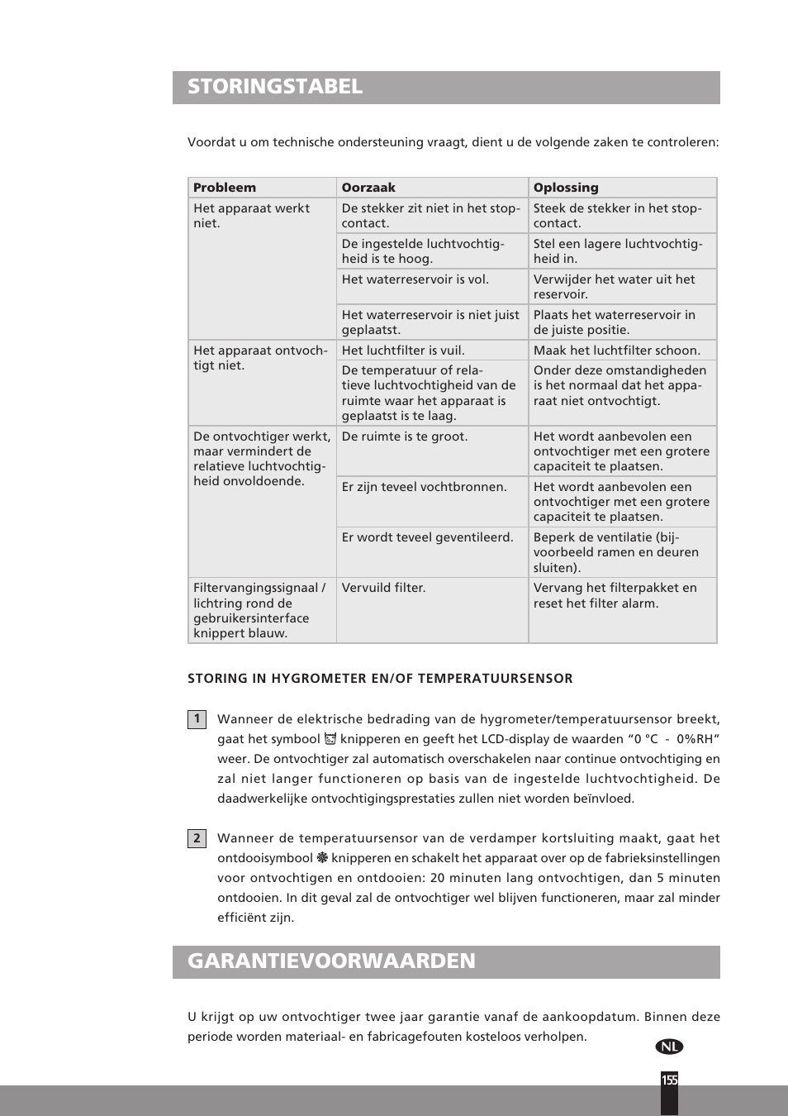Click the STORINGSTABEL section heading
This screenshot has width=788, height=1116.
tap(275, 87)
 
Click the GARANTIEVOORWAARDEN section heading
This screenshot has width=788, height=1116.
tap(331, 961)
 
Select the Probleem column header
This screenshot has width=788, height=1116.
tap(225, 188)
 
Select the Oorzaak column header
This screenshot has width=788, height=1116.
tap(368, 188)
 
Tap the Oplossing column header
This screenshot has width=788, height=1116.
tap(566, 188)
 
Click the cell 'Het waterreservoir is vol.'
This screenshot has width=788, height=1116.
tap(415, 279)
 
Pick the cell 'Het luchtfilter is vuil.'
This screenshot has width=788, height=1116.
tap(403, 351)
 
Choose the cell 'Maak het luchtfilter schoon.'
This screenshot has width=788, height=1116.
tap(616, 351)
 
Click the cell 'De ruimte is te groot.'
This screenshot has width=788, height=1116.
tap(405, 436)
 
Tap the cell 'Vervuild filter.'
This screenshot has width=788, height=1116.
tap(383, 588)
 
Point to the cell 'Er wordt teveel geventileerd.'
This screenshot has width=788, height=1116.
tap(427, 537)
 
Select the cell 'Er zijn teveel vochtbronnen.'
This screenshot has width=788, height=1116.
tap(424, 487)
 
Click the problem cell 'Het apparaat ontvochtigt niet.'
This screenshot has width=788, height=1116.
tap(259, 358)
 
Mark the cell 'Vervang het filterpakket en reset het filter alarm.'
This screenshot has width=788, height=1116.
tap(615, 595)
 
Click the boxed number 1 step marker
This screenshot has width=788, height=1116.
tap(197, 719)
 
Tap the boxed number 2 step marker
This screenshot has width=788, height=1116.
tap(197, 838)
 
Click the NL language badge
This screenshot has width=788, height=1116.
tap(669, 1047)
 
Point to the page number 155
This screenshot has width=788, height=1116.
tap(669, 1080)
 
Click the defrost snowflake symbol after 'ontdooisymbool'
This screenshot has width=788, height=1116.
tap(322, 858)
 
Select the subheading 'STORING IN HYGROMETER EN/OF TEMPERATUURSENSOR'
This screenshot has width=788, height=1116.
tap(380, 679)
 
